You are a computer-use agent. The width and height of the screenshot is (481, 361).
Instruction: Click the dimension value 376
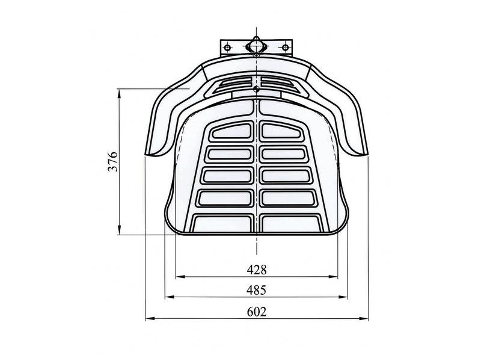click(113, 161)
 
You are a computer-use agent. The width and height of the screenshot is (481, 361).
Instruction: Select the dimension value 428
click(257, 270)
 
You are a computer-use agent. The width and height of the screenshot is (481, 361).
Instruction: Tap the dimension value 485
click(256, 290)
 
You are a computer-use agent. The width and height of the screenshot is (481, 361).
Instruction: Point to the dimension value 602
click(257, 312)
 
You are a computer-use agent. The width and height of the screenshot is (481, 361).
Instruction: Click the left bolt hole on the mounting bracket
click(227, 48)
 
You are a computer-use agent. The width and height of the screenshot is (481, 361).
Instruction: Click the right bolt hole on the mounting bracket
click(285, 48)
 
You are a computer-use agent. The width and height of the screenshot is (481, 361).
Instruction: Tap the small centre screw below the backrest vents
click(256, 90)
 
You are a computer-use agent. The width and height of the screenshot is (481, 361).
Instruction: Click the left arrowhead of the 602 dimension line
click(149, 319)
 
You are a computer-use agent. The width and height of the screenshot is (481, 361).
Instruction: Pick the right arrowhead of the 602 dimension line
click(364, 319)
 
